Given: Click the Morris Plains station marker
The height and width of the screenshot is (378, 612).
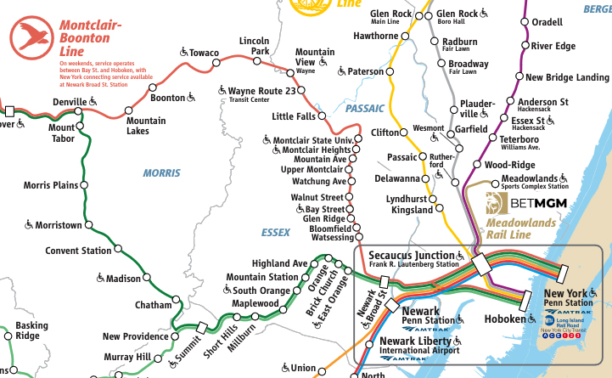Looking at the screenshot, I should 83,185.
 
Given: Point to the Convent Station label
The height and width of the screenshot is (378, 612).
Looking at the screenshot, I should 78,251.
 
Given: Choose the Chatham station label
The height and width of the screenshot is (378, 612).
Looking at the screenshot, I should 153,305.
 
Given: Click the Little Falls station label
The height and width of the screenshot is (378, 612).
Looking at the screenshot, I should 293,116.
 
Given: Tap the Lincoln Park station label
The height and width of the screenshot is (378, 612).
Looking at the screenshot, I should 255,46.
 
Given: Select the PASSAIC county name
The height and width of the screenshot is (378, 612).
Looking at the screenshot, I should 365,108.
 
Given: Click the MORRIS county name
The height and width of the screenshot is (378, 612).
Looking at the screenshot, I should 161,173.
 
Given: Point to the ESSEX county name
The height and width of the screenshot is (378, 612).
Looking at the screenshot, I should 276,231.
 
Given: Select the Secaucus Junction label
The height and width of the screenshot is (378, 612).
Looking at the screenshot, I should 412,256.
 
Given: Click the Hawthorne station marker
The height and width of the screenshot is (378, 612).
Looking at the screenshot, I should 405,36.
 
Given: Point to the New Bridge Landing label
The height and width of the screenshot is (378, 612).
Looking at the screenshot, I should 567,77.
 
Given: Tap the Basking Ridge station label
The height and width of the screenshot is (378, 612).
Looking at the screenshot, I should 31,330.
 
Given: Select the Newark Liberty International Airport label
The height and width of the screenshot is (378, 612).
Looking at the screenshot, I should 417,345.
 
